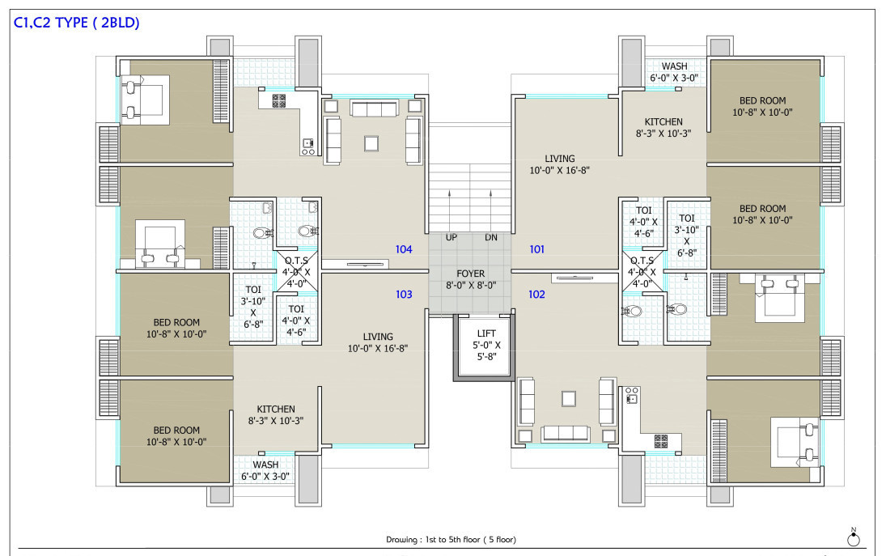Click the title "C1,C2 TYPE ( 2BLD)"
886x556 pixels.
click(76, 23)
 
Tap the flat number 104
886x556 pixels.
click(404, 249)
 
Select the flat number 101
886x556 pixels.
click(536, 249)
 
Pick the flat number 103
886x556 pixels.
click(404, 295)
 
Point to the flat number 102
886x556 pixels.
click(536, 295)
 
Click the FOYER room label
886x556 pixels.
click(471, 274)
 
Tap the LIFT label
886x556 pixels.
click(486, 333)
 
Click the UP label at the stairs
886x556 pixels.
click(451, 237)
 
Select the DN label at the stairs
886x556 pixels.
click(491, 237)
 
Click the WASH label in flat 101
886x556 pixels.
click(674, 66)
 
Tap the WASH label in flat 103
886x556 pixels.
click(265, 465)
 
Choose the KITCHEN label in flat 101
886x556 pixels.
click(663, 121)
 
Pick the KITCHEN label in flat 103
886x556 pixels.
click(276, 409)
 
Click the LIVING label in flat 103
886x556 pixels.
click(377, 337)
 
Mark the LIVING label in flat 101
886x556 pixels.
click(559, 159)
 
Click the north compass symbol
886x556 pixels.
click(853, 538)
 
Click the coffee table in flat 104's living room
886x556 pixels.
click(371, 143)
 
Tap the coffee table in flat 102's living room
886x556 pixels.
click(569, 398)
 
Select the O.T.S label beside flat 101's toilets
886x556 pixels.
click(642, 261)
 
